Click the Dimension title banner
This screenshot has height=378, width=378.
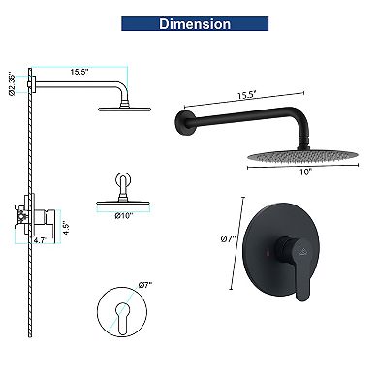(195, 24)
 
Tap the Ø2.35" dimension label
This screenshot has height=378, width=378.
(12, 83)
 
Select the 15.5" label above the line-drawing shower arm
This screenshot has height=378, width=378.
(79, 72)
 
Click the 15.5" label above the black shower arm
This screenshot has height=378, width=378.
(247, 95)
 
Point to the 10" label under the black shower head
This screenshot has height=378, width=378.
(304, 172)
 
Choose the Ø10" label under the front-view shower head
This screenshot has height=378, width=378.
(124, 216)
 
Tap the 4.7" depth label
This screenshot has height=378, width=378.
(41, 240)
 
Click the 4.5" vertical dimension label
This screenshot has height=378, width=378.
(66, 228)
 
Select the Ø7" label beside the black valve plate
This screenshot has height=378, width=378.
(228, 239)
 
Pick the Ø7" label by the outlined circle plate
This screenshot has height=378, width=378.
(145, 285)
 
